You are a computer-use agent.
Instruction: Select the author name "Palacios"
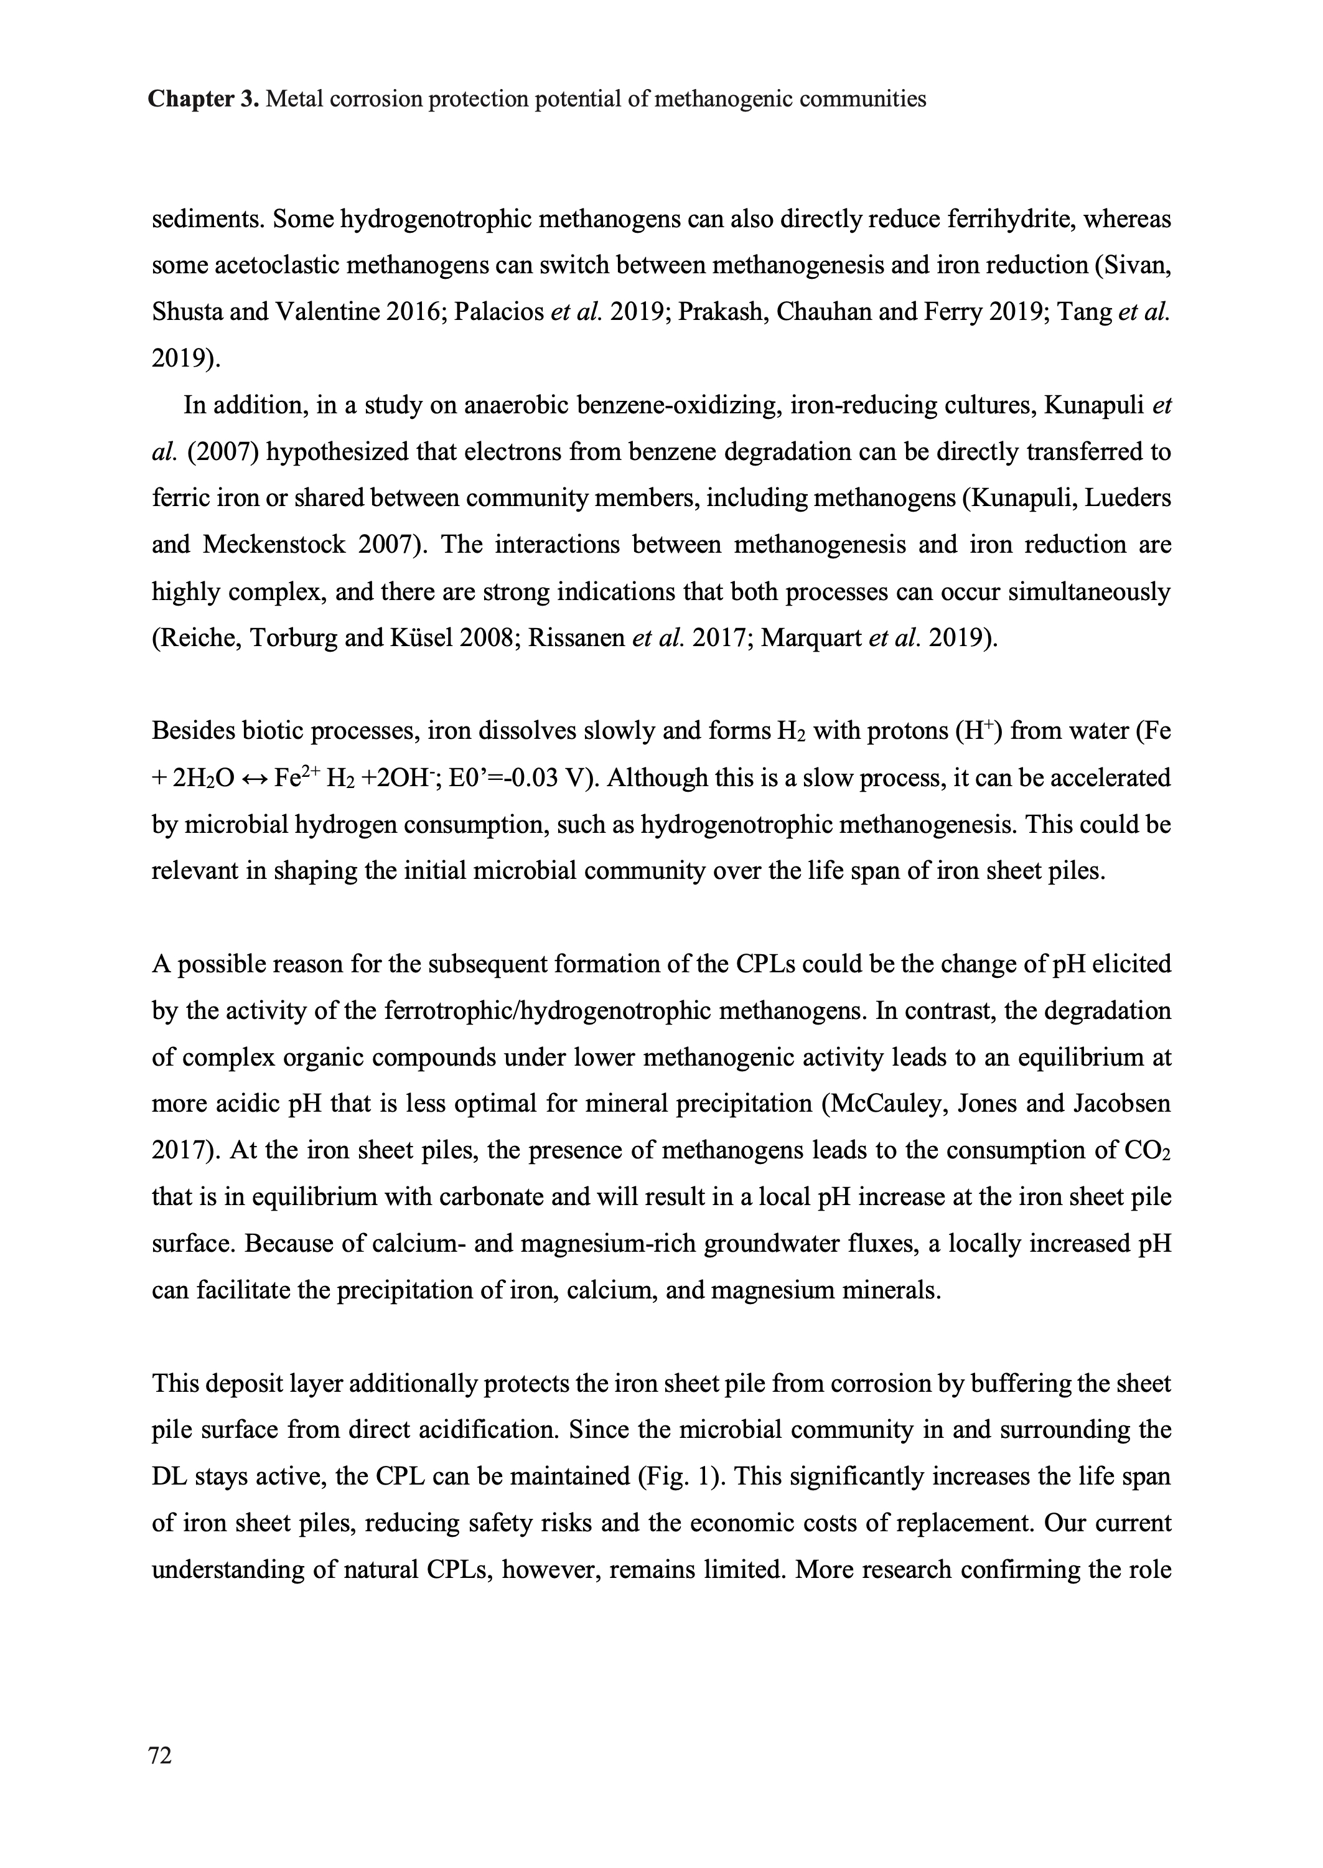click(498, 313)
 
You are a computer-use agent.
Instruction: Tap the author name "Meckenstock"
click(274, 544)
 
